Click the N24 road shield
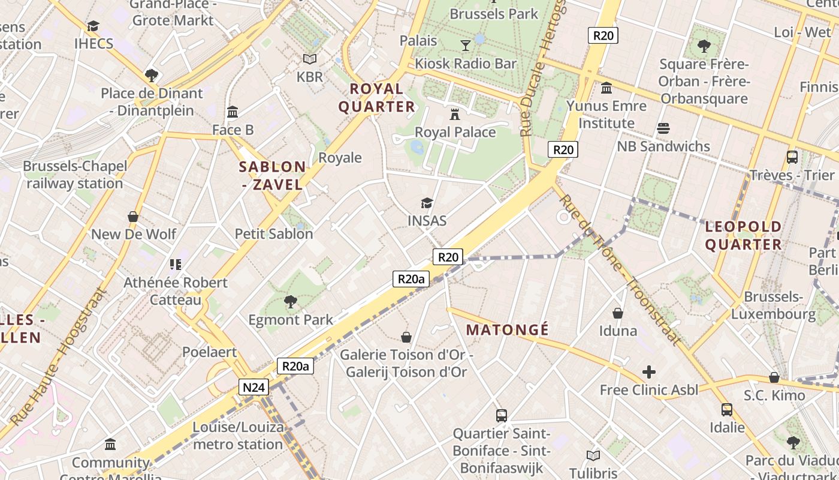tap(253, 388)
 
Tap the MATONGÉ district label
tap(507, 330)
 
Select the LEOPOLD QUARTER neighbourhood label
tap(743, 236)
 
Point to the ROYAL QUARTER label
tap(376, 98)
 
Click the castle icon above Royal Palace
tap(455, 114)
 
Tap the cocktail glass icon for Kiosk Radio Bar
tap(465, 45)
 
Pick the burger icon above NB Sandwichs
tap(663, 128)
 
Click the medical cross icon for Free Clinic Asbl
tap(648, 372)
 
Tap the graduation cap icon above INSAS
tap(427, 203)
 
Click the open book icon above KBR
tap(309, 59)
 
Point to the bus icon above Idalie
tap(727, 410)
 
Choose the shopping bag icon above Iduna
tap(618, 313)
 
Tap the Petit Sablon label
tap(274, 234)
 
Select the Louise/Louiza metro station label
tap(238, 436)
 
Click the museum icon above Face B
tap(233, 112)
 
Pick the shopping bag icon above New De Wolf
tap(133, 217)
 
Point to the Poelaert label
tap(210, 352)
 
